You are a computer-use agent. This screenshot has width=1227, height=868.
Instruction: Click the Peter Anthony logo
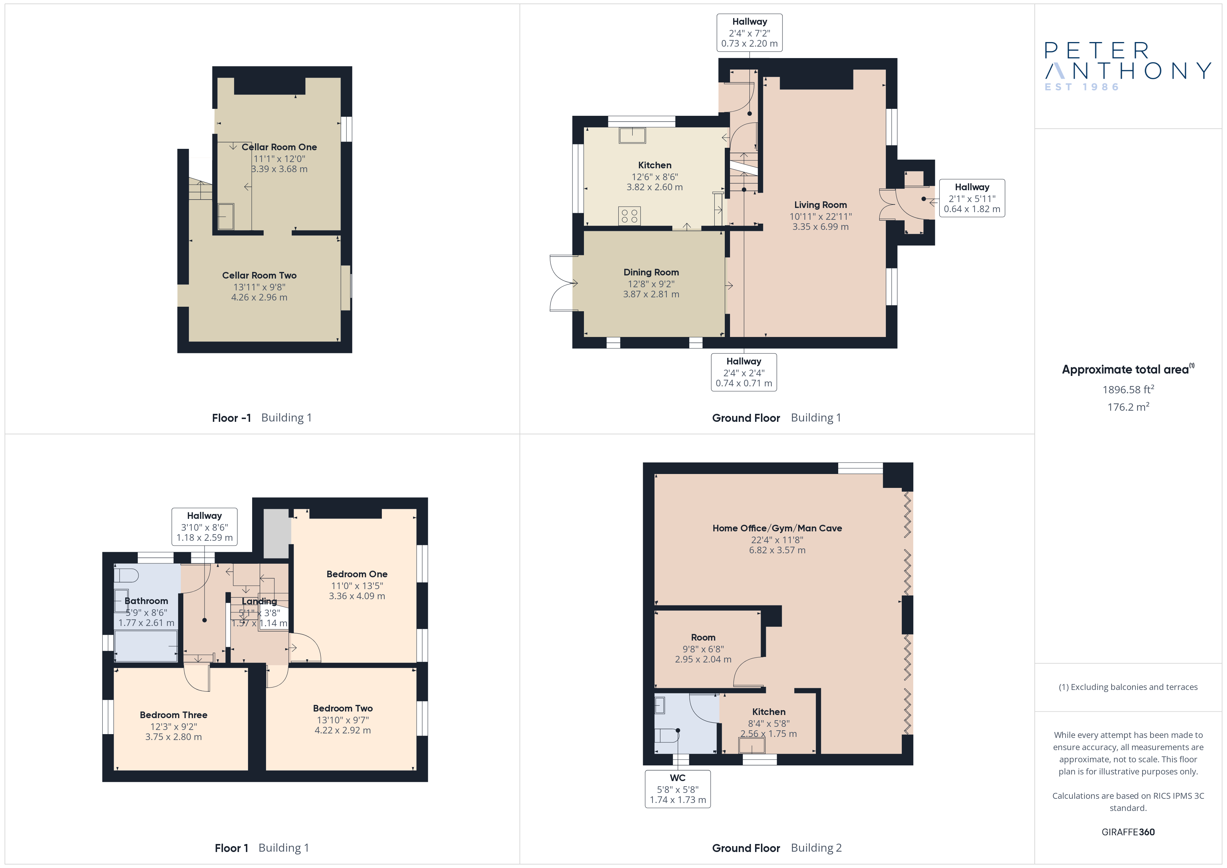(1128, 66)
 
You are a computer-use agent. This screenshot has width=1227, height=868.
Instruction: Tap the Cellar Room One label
(279, 147)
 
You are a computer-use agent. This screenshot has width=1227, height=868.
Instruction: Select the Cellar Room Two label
(259, 275)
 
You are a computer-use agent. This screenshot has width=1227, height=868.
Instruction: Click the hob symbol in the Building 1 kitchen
(629, 216)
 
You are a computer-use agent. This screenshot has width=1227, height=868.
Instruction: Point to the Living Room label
(820, 205)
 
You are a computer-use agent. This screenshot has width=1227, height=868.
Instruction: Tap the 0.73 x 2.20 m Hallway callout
(749, 33)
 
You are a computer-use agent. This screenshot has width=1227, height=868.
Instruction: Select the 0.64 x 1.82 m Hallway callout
(972, 198)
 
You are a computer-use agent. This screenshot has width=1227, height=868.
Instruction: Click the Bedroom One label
(357, 574)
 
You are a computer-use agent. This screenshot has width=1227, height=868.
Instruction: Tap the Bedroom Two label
(343, 708)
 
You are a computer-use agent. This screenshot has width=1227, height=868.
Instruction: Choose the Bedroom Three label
(173, 715)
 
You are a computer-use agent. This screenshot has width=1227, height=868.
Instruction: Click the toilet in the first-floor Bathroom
(127, 576)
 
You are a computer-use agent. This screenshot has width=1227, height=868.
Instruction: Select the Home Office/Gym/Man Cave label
(777, 528)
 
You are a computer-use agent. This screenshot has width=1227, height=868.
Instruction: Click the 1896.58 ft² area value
(1128, 389)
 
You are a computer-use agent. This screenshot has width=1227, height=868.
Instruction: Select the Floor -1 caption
(231, 418)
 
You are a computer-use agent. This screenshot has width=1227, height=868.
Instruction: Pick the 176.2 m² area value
(1128, 407)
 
